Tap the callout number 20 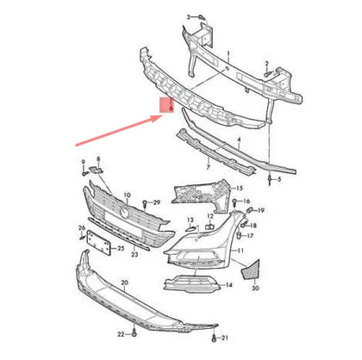point(124,282)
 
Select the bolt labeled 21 point(213,334)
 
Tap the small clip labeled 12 point(209,227)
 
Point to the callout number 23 point(134,255)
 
